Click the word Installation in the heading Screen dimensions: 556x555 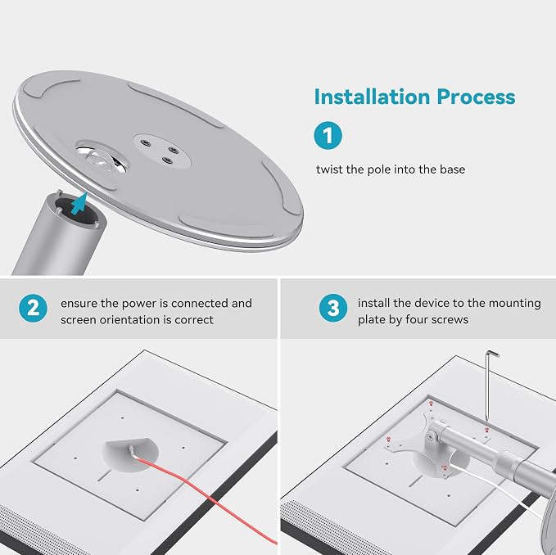373,97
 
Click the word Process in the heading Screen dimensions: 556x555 476,97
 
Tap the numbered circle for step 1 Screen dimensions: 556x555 328,135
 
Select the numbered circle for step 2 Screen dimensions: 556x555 33,308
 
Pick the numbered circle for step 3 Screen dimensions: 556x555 333,308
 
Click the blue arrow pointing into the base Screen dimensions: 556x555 79,204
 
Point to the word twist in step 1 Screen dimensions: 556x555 329,169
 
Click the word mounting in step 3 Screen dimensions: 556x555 515,304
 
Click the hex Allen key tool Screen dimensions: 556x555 490,386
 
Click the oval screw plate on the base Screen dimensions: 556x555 162,151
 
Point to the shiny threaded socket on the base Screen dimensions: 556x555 102,159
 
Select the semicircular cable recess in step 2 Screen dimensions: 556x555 130,454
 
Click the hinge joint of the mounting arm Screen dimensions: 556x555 432,436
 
